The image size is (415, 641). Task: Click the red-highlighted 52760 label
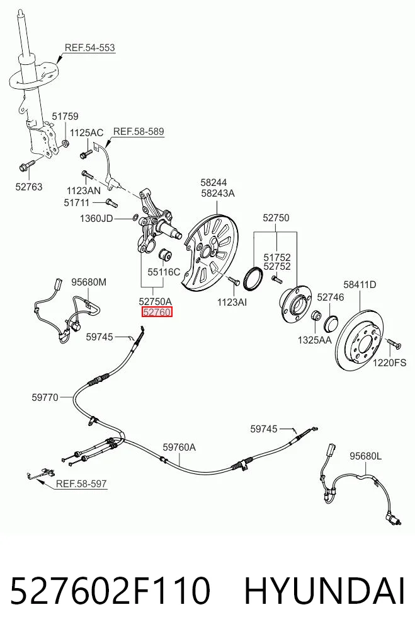click(157, 313)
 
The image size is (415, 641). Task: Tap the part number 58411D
click(360, 284)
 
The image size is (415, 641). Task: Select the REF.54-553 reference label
click(90, 47)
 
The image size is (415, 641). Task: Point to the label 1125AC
click(87, 133)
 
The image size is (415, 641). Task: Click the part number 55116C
click(163, 272)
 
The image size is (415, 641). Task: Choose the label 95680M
click(89, 282)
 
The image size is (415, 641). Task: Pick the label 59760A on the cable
click(179, 448)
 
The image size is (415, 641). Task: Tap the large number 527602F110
click(110, 591)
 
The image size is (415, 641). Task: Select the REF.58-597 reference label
click(81, 483)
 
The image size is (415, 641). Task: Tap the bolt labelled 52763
click(28, 166)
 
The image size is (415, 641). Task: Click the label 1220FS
click(389, 362)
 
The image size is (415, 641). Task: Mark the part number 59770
click(45, 397)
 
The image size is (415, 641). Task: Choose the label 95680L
click(365, 456)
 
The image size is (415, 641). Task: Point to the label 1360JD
click(96, 219)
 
